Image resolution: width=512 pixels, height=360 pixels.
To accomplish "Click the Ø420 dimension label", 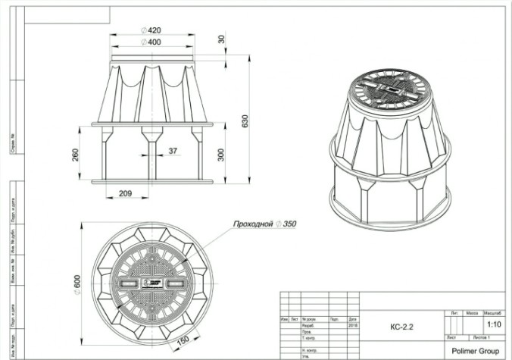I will pyautogui.click(x=151, y=30).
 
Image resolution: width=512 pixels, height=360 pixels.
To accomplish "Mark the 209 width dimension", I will pyautogui.click(x=126, y=194).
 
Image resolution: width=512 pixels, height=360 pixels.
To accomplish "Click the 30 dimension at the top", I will pyautogui.click(x=221, y=39).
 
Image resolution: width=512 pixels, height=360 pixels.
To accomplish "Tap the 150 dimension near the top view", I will pyautogui.click(x=183, y=340).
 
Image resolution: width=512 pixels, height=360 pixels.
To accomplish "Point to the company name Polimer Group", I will pyautogui.click(x=475, y=351).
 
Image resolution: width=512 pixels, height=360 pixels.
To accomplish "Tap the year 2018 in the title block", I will pyautogui.click(x=353, y=324).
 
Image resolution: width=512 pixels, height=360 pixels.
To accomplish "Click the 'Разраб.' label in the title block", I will pyautogui.click(x=308, y=324).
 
